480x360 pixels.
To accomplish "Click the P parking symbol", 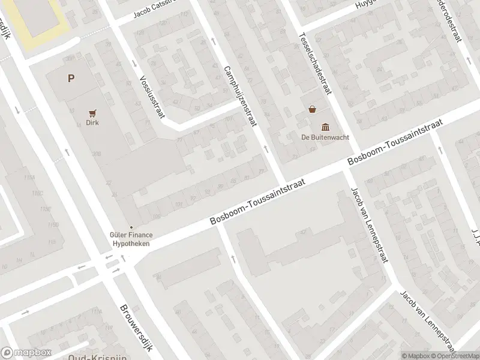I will [71, 78].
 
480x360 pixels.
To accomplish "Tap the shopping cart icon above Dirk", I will [92, 112].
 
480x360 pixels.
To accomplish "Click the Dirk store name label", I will [92, 122].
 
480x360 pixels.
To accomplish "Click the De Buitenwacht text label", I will [325, 136].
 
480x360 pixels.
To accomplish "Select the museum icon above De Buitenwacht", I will [325, 126].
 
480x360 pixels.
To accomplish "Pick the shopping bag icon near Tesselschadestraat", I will [312, 109].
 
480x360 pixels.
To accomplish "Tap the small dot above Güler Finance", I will [131, 227].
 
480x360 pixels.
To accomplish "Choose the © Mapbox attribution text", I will [416, 356].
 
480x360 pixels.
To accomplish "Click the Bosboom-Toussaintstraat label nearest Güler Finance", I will [259, 202].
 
